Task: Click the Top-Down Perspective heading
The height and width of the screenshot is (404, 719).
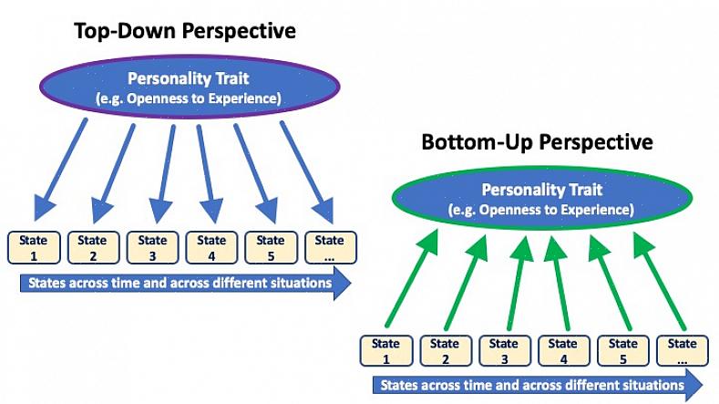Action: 185,30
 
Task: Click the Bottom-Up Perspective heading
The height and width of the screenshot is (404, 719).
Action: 537,142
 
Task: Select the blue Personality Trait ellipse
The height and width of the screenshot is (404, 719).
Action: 189,87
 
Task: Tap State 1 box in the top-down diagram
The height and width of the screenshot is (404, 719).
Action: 33,248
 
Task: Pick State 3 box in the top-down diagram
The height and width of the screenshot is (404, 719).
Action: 151,248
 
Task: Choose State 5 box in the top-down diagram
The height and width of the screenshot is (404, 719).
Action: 270,248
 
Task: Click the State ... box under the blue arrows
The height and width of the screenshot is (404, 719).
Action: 329,248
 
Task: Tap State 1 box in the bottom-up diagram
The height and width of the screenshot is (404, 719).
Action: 385,351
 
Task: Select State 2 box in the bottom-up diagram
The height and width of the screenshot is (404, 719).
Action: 445,351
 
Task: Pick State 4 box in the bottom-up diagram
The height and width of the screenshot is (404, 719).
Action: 563,351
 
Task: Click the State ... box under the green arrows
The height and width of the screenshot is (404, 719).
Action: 682,351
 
